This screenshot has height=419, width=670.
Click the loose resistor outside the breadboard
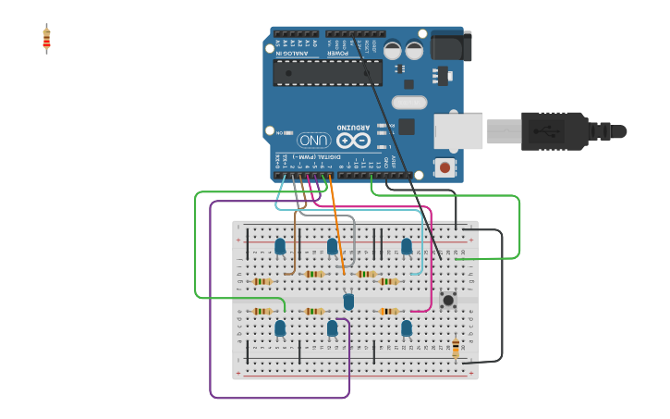pos(46,40)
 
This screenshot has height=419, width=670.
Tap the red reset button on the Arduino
pos(445,167)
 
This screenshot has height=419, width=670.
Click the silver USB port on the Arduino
pos(458,130)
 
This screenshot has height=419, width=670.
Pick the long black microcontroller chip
pos(327,72)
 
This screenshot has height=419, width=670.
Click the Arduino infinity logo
pos(352,141)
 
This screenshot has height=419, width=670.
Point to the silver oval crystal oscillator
pos(409,102)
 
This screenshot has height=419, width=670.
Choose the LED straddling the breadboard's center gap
pos(348,301)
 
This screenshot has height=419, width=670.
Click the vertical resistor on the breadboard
pos(455,348)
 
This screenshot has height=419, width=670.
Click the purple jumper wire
pos(212,305)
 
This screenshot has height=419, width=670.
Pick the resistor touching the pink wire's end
pos(390,312)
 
